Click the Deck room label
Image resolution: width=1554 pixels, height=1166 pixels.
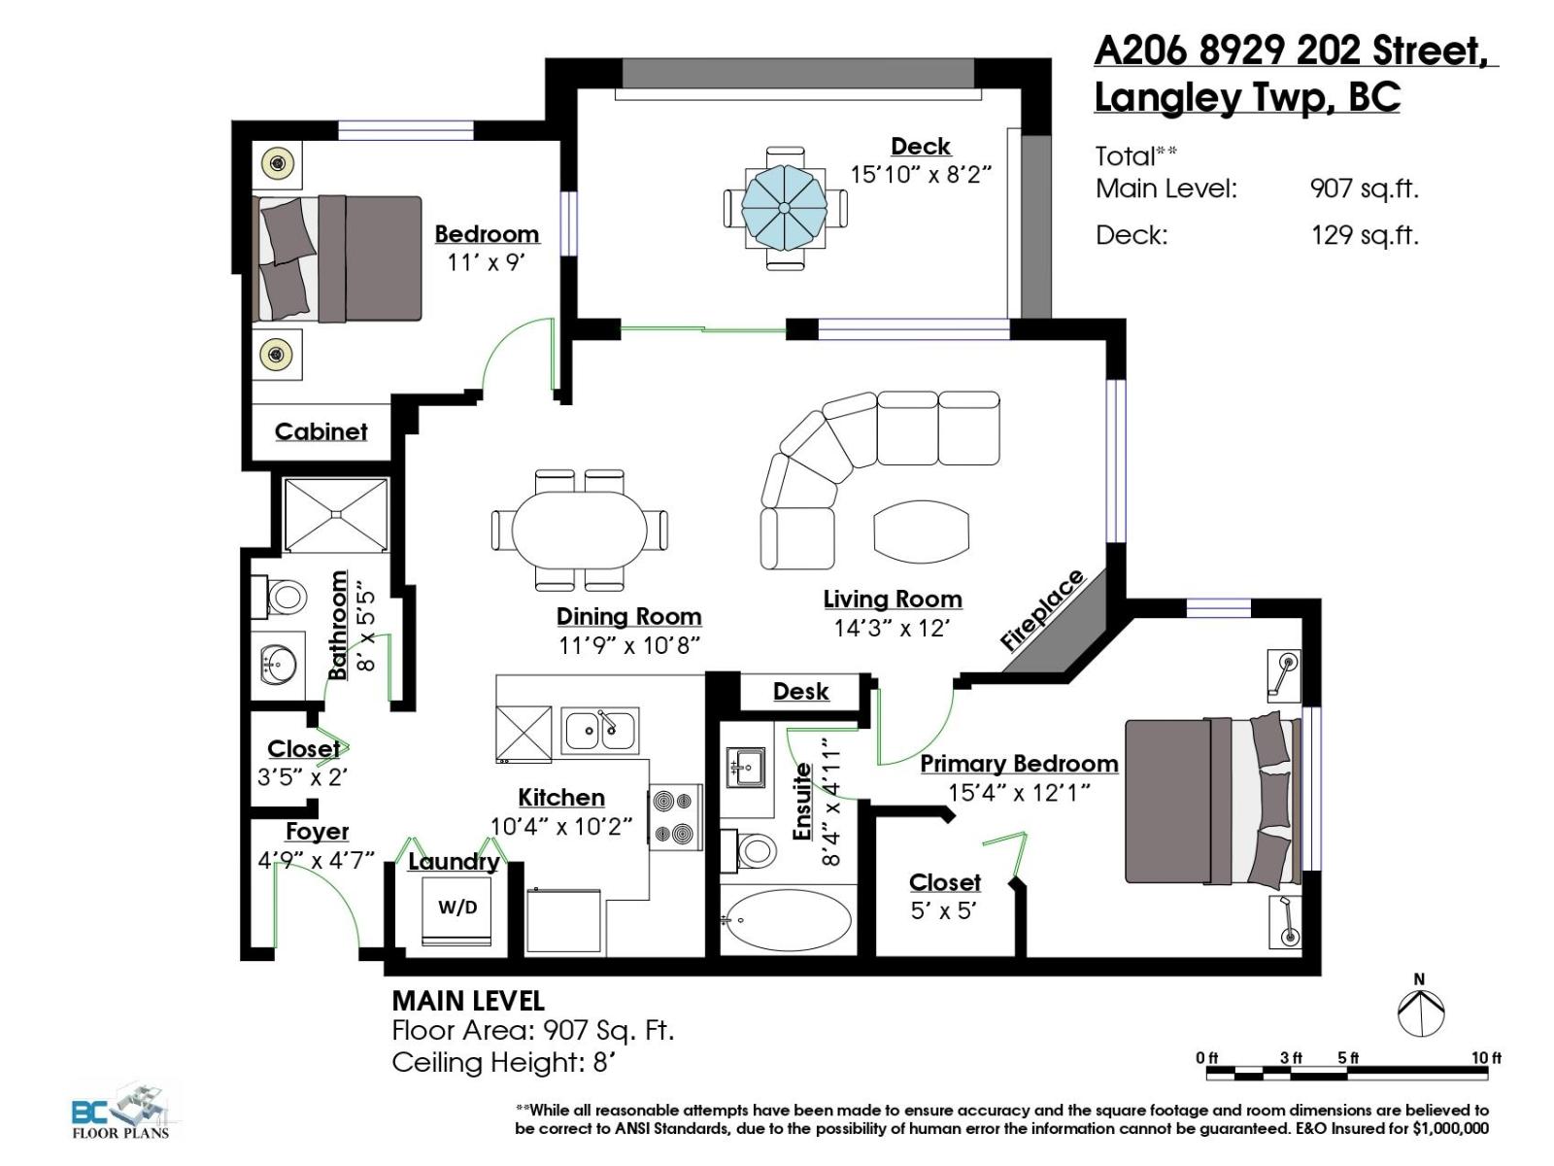[920, 147]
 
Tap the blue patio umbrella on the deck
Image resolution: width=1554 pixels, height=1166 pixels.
[784, 207]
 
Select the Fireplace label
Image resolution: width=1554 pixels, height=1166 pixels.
[1043, 610]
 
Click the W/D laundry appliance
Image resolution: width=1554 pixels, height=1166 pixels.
[457, 909]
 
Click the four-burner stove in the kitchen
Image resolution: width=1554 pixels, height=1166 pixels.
[675, 817]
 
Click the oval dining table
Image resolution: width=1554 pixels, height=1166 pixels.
[580, 530]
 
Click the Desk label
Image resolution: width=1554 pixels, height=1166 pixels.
[800, 692]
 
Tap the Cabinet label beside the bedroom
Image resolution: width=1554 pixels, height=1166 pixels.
[321, 432]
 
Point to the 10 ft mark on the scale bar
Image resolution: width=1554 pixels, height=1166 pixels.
[1486, 1058]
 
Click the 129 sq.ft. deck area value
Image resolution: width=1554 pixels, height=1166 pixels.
[1364, 235]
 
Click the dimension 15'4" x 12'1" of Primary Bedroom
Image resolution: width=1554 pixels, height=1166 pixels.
[1019, 793]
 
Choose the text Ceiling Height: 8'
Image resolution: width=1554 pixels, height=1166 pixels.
[504, 1062]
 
